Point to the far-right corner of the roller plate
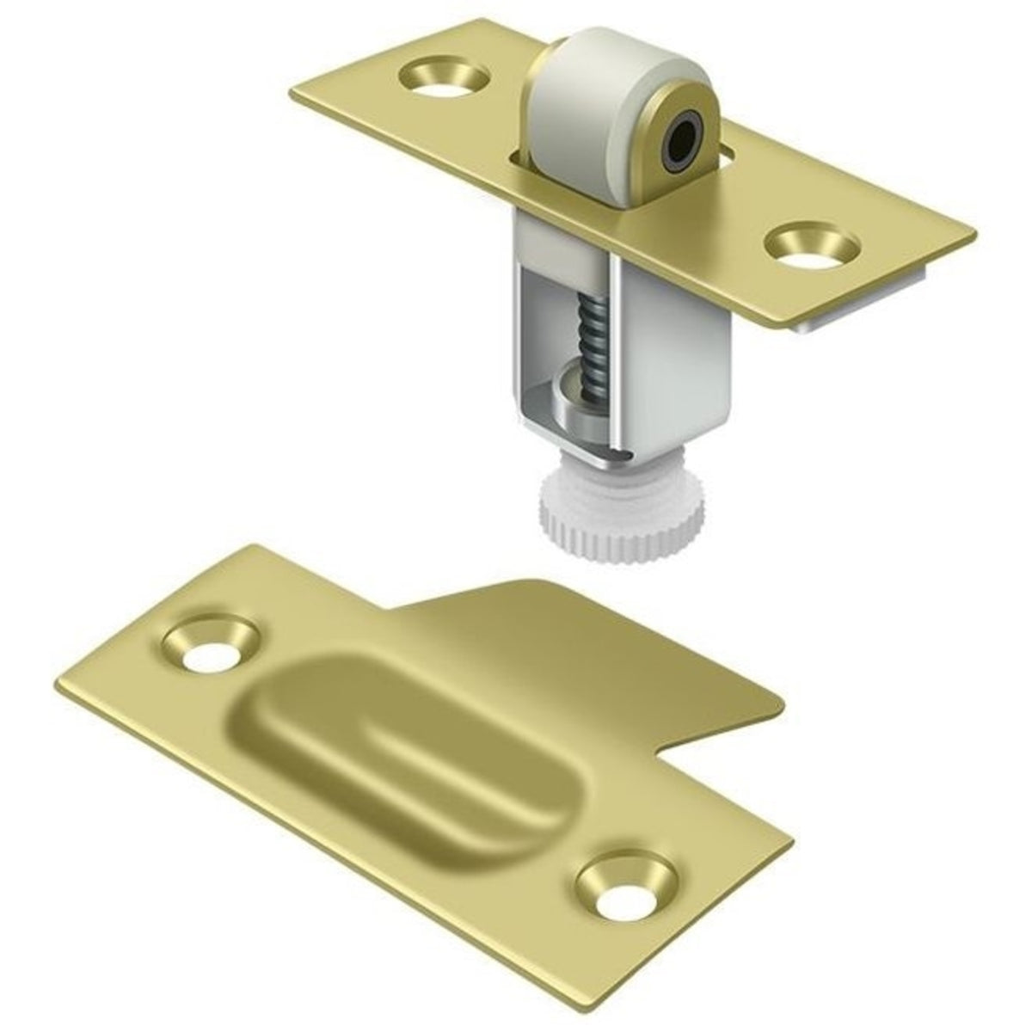click(975, 236)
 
